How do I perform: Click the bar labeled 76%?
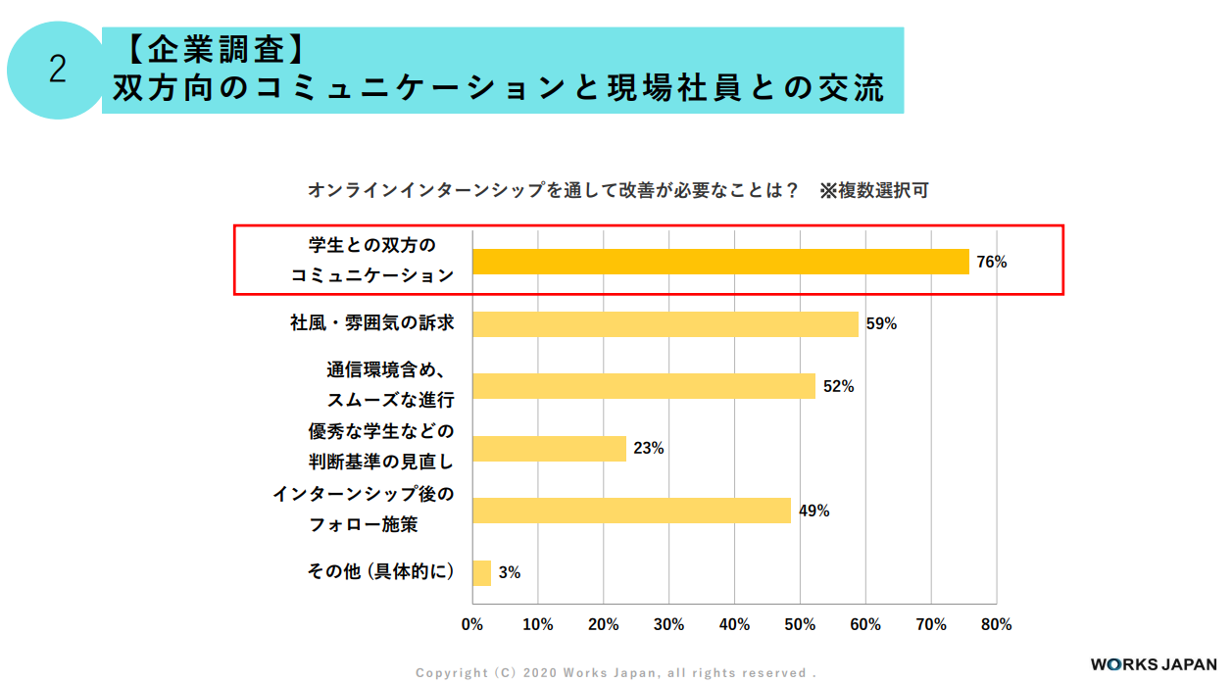point(720,262)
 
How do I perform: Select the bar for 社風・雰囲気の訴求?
point(665,324)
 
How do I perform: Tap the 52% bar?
point(644,386)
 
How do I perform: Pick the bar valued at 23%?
point(549,449)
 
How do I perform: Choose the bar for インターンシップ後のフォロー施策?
point(631,511)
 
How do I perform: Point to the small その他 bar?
point(481,573)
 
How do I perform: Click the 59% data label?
point(881,324)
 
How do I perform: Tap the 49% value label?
point(813,511)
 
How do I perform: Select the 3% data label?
point(509,573)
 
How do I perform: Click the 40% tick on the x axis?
point(734,624)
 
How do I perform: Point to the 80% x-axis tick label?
point(996,624)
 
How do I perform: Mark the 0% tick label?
point(472,624)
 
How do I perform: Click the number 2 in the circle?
point(58,71)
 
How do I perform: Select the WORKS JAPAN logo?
point(1153,663)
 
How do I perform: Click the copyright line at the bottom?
point(616,673)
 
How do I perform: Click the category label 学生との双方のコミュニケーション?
point(372,260)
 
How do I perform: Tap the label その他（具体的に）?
point(381,572)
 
